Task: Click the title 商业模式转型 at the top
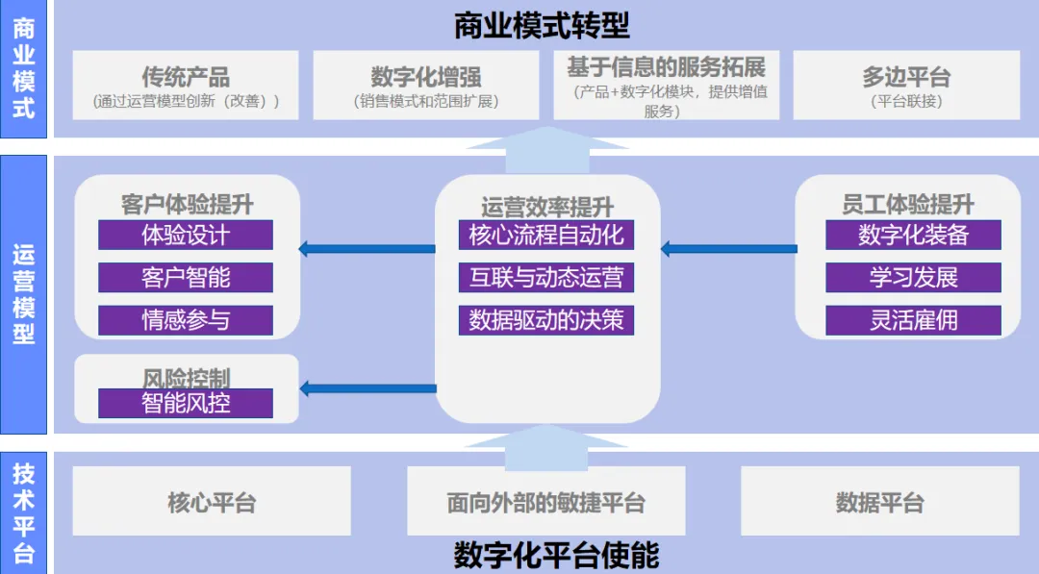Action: pyautogui.click(x=542, y=25)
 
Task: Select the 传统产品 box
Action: pyautogui.click(x=186, y=85)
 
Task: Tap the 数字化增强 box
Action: pyautogui.click(x=426, y=85)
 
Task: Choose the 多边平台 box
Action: pyautogui.click(x=906, y=85)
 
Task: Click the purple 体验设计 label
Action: pyautogui.click(x=186, y=235)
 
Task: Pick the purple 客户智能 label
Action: pyautogui.click(x=186, y=278)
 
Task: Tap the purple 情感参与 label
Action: pyautogui.click(x=186, y=320)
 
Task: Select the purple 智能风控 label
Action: pyautogui.click(x=186, y=403)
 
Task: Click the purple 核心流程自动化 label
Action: pyautogui.click(x=546, y=235)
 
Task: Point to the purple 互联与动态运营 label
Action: pyautogui.click(x=546, y=278)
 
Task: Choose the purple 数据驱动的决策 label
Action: pyautogui.click(x=546, y=320)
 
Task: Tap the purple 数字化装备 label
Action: pyautogui.click(x=913, y=235)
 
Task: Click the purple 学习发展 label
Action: pyautogui.click(x=913, y=278)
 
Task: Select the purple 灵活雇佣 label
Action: pyautogui.click(x=913, y=320)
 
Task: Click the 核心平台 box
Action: pyautogui.click(x=212, y=501)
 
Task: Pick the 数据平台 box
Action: pyautogui.click(x=879, y=501)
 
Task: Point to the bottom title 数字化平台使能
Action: pyautogui.click(x=556, y=556)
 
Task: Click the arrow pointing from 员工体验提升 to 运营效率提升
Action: pyautogui.click(x=728, y=249)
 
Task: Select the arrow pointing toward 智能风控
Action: pyautogui.click(x=367, y=388)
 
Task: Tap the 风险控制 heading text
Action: pyautogui.click(x=186, y=376)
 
